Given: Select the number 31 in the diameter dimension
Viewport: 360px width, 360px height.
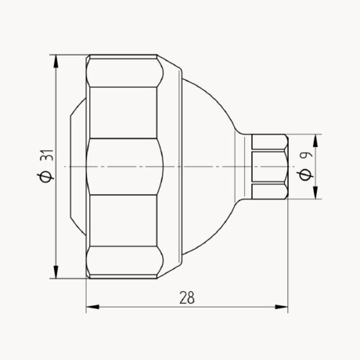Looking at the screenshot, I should click(x=44, y=157).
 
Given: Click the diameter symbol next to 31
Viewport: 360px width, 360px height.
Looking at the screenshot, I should click(x=44, y=175).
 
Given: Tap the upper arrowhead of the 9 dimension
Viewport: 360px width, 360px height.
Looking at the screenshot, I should click(x=315, y=139).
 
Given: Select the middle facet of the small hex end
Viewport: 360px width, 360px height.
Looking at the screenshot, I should click(x=269, y=166).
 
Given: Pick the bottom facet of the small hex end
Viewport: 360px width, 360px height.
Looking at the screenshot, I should click(x=269, y=192).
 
